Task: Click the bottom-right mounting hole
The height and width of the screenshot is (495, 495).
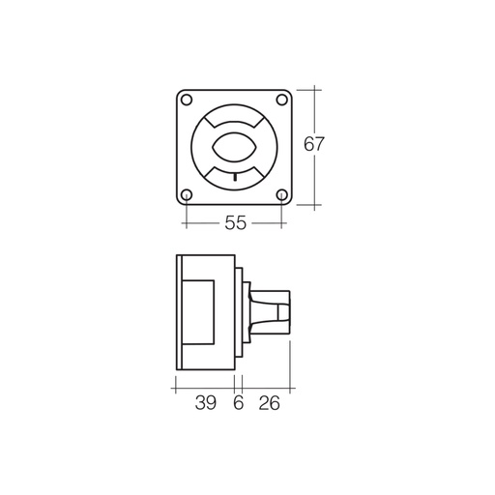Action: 280,194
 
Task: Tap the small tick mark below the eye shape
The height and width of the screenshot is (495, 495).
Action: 234,178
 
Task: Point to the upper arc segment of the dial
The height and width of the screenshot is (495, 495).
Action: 234,120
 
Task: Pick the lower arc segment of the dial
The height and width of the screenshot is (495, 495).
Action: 234,175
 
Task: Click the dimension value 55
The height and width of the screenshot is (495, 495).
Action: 235,223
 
